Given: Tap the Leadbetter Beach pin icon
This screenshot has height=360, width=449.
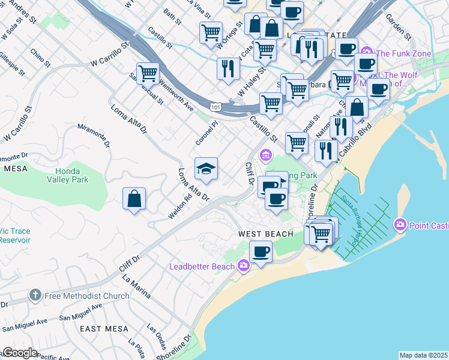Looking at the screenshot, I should point(244,265).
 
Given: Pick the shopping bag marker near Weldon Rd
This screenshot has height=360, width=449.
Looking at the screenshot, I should point(134,199).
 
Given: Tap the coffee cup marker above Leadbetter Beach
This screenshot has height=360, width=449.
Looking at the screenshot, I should point(261,251).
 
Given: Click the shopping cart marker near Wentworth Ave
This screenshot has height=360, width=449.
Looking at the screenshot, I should point(147,74).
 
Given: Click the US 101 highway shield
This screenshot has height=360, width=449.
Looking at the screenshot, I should point(215,106).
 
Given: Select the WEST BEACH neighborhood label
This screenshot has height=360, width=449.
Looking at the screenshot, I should point(266,233).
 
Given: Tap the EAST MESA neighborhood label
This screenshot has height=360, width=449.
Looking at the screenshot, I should point(104,329).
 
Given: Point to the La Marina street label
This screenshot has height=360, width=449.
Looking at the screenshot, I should point(135,284).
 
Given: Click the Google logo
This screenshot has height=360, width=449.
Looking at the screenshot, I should point(20,353).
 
